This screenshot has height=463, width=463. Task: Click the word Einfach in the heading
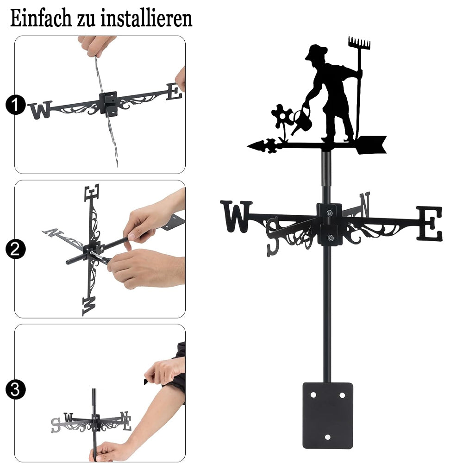41,19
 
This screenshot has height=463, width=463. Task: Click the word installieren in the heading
146,19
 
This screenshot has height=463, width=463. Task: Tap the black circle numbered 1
16,105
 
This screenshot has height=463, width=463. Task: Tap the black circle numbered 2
16,249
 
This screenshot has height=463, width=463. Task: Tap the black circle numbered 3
16,389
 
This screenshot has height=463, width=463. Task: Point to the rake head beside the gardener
359,43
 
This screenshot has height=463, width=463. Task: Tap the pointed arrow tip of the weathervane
248,145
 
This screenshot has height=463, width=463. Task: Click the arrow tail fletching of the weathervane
371,144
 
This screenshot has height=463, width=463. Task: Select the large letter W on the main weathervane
236,216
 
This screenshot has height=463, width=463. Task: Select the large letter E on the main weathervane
430,224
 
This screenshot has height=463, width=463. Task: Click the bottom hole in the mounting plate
327,437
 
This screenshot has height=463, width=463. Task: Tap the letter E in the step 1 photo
174,92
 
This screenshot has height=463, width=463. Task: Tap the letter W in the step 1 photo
40,110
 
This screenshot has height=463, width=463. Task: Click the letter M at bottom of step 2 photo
89,306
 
